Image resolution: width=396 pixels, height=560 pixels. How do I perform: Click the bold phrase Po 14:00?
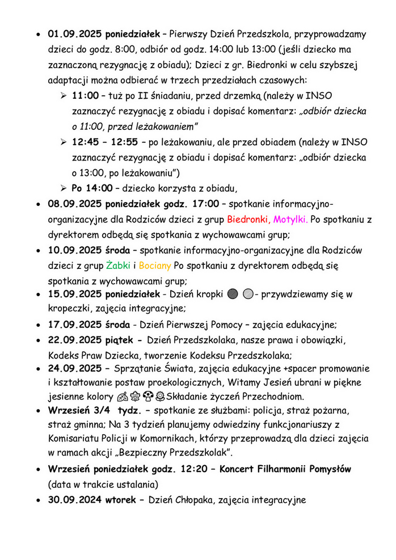92,188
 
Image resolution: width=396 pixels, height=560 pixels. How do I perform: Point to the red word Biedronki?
248,219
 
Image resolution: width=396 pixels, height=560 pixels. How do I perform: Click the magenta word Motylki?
290,219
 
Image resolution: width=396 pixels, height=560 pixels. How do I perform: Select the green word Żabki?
118,265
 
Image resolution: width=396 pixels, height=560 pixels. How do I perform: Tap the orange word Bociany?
155,265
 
